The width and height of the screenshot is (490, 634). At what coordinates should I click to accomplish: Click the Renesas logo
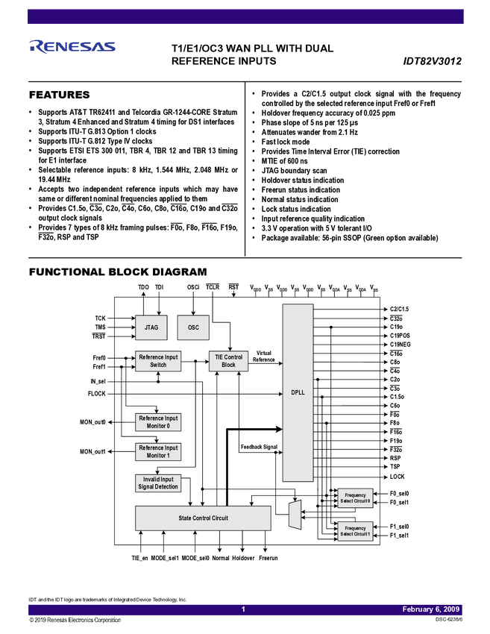click(x=72, y=46)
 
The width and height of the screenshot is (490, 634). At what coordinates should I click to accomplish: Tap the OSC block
click(x=193, y=327)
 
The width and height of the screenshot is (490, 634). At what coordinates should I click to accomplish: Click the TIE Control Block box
click(x=228, y=360)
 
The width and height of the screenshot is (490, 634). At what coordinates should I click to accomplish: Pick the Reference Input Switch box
click(x=158, y=360)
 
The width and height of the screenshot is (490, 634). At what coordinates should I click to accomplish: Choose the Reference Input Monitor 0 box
click(x=158, y=422)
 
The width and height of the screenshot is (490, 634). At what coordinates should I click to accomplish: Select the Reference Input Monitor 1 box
click(x=158, y=451)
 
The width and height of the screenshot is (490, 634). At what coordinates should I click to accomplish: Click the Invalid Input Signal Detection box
click(x=158, y=483)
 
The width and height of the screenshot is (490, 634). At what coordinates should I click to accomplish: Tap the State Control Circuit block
click(x=203, y=517)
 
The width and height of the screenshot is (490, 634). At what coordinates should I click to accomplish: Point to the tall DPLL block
click(x=298, y=393)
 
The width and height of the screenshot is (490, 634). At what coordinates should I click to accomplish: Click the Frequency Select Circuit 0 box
click(x=355, y=498)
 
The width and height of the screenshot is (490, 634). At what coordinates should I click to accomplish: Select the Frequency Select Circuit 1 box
click(x=355, y=530)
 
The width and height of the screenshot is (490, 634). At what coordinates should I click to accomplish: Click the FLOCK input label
click(x=97, y=393)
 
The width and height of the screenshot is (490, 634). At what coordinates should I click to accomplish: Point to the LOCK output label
click(x=397, y=477)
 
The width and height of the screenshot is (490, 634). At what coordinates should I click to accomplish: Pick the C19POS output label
click(x=400, y=336)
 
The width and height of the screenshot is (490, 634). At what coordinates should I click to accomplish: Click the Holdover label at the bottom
click(x=243, y=558)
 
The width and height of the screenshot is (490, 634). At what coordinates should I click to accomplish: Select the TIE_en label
click(x=140, y=558)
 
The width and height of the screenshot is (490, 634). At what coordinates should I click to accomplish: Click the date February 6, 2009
click(x=431, y=609)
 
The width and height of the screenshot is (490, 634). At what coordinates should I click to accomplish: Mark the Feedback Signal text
click(x=259, y=447)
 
